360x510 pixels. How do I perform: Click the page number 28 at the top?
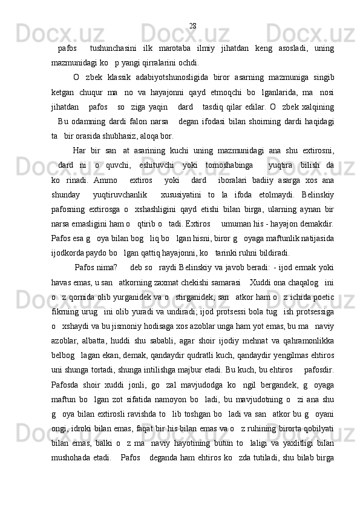[x=192, y=25]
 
